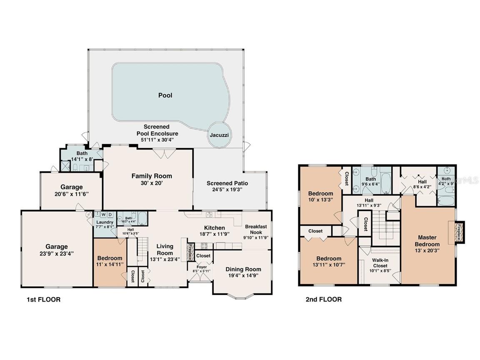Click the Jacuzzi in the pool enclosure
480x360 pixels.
tap(218, 135)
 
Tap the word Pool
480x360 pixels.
tap(165, 95)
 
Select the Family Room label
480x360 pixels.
tap(152, 176)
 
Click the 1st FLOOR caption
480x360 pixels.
tap(41, 299)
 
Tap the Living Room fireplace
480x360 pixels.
tap(189, 252)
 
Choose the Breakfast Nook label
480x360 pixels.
tap(256, 230)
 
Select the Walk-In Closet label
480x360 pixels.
tap(380, 263)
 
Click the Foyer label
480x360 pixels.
tap(202, 267)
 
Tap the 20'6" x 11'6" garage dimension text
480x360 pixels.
tap(71, 194)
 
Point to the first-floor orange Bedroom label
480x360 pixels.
tap(110, 258)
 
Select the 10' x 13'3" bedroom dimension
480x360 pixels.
tap(320, 200)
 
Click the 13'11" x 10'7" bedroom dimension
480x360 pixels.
tap(328, 265)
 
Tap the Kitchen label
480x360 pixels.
tap(214, 227)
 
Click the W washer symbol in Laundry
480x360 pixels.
tap(103, 215)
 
